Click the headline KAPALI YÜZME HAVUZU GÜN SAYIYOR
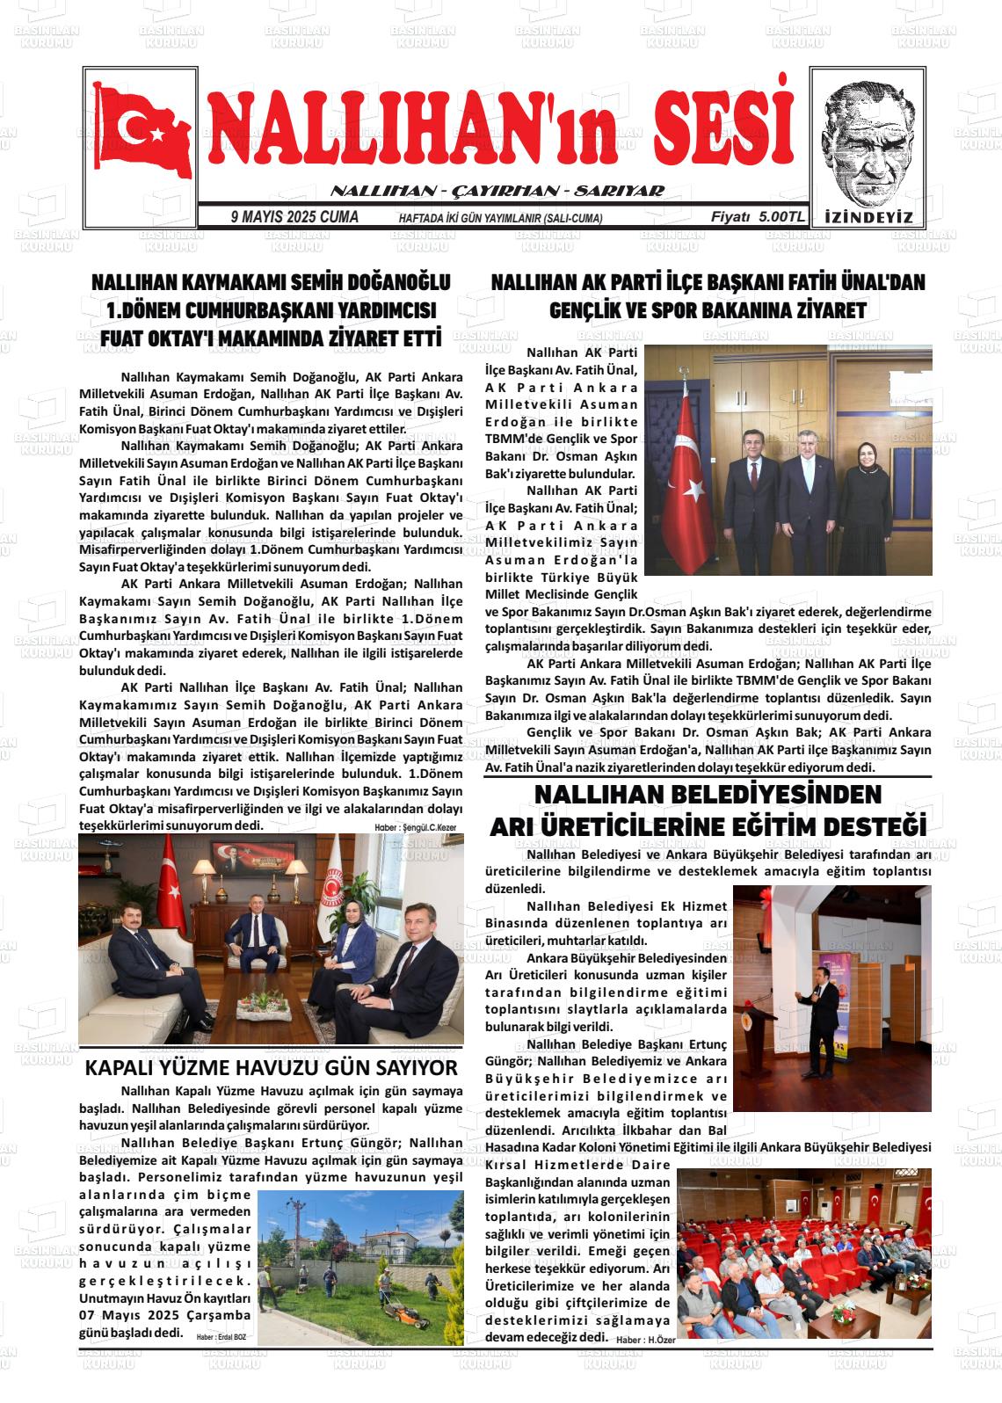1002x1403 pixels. [271, 1068]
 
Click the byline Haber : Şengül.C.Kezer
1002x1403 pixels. [417, 827]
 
